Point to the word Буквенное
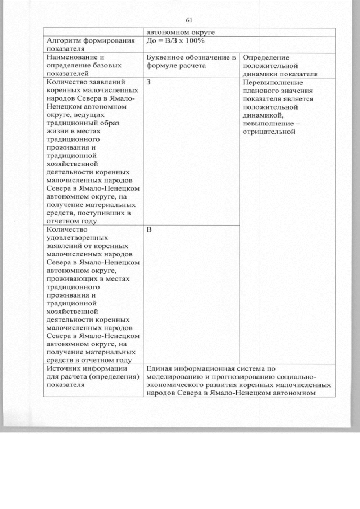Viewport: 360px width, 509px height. pyautogui.click(x=166, y=57)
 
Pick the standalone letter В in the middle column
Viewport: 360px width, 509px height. pyautogui.click(x=148, y=230)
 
